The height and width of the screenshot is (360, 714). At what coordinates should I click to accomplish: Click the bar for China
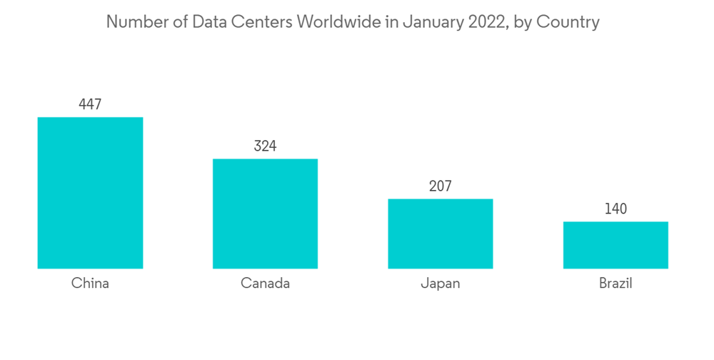tap(90, 193)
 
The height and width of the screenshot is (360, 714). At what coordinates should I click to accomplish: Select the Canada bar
tap(265, 214)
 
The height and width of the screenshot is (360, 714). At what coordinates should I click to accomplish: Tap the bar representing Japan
tap(440, 234)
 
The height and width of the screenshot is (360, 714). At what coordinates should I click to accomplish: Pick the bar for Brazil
tap(615, 245)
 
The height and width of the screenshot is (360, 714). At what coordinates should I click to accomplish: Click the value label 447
tap(90, 104)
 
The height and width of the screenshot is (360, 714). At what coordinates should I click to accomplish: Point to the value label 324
tap(265, 146)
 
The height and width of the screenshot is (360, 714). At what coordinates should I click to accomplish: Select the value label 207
tap(440, 186)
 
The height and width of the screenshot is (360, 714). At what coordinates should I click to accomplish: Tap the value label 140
tap(615, 209)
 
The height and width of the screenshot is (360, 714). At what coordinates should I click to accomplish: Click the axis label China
tap(90, 284)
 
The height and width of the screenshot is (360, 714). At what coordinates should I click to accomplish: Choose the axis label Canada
tap(265, 284)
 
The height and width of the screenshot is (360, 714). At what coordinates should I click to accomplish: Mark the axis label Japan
tap(440, 284)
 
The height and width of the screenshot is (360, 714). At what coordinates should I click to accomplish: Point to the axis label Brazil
tap(615, 284)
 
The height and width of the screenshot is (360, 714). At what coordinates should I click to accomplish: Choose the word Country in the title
tap(568, 22)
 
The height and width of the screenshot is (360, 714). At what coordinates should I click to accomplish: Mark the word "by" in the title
tap(523, 23)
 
